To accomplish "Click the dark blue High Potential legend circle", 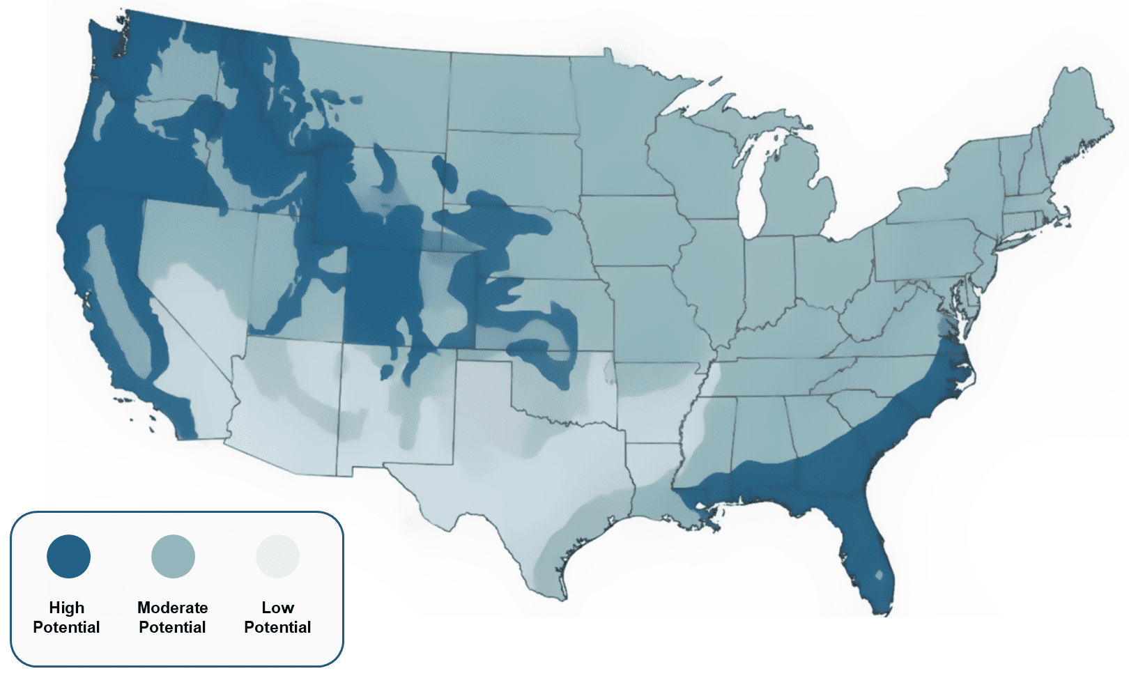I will click(x=68, y=556).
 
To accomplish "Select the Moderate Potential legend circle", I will click(x=173, y=556).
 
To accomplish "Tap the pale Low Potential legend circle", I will click(x=277, y=556).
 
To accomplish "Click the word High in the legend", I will click(x=66, y=608).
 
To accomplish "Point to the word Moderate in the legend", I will click(x=172, y=608).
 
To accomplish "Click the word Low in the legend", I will click(x=277, y=608).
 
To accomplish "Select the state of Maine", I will click(x=1073, y=118).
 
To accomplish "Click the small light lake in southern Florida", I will click(x=879, y=576).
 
